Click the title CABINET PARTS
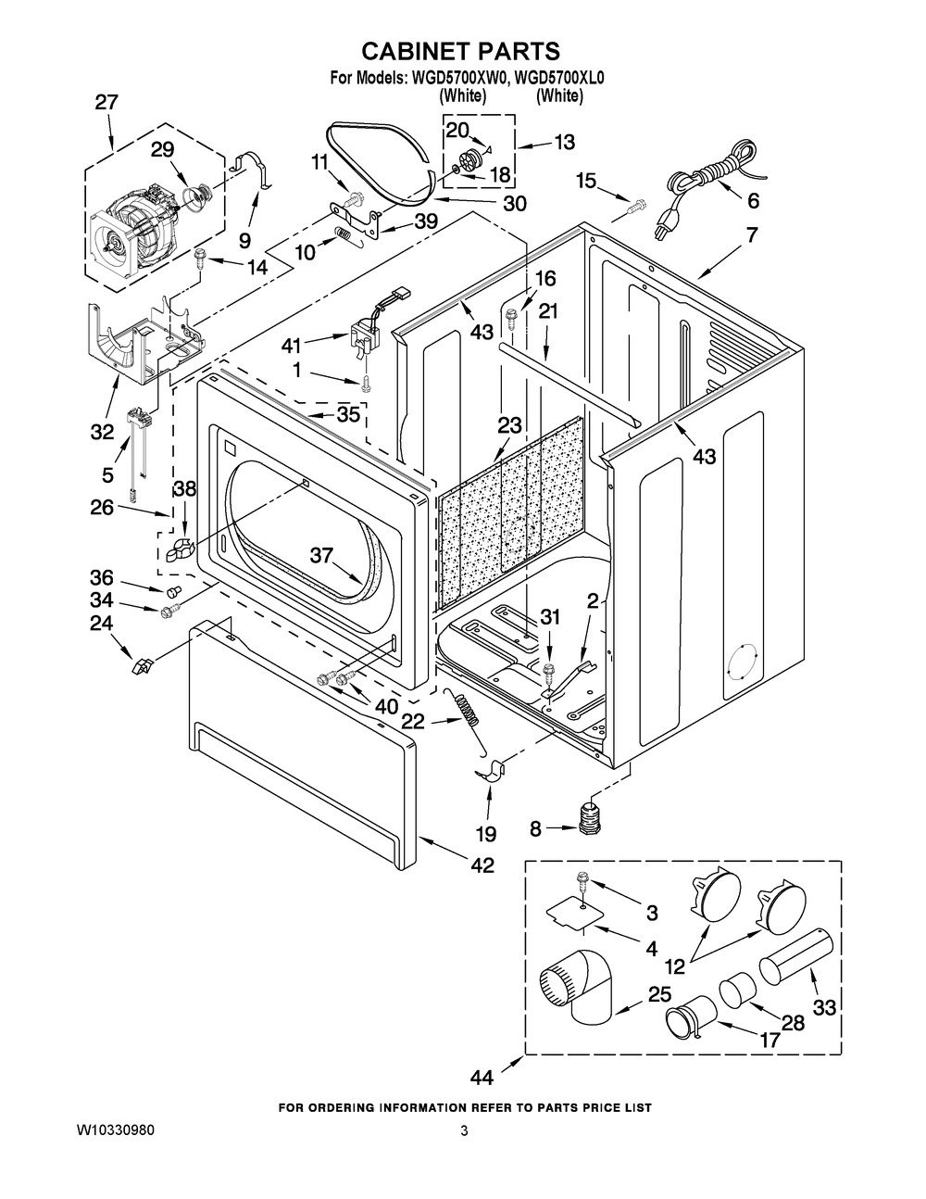tap(460, 51)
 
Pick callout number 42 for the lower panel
tap(482, 865)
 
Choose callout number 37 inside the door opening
tap(321, 556)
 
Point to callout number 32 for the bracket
tap(102, 431)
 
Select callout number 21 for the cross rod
tap(548, 313)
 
